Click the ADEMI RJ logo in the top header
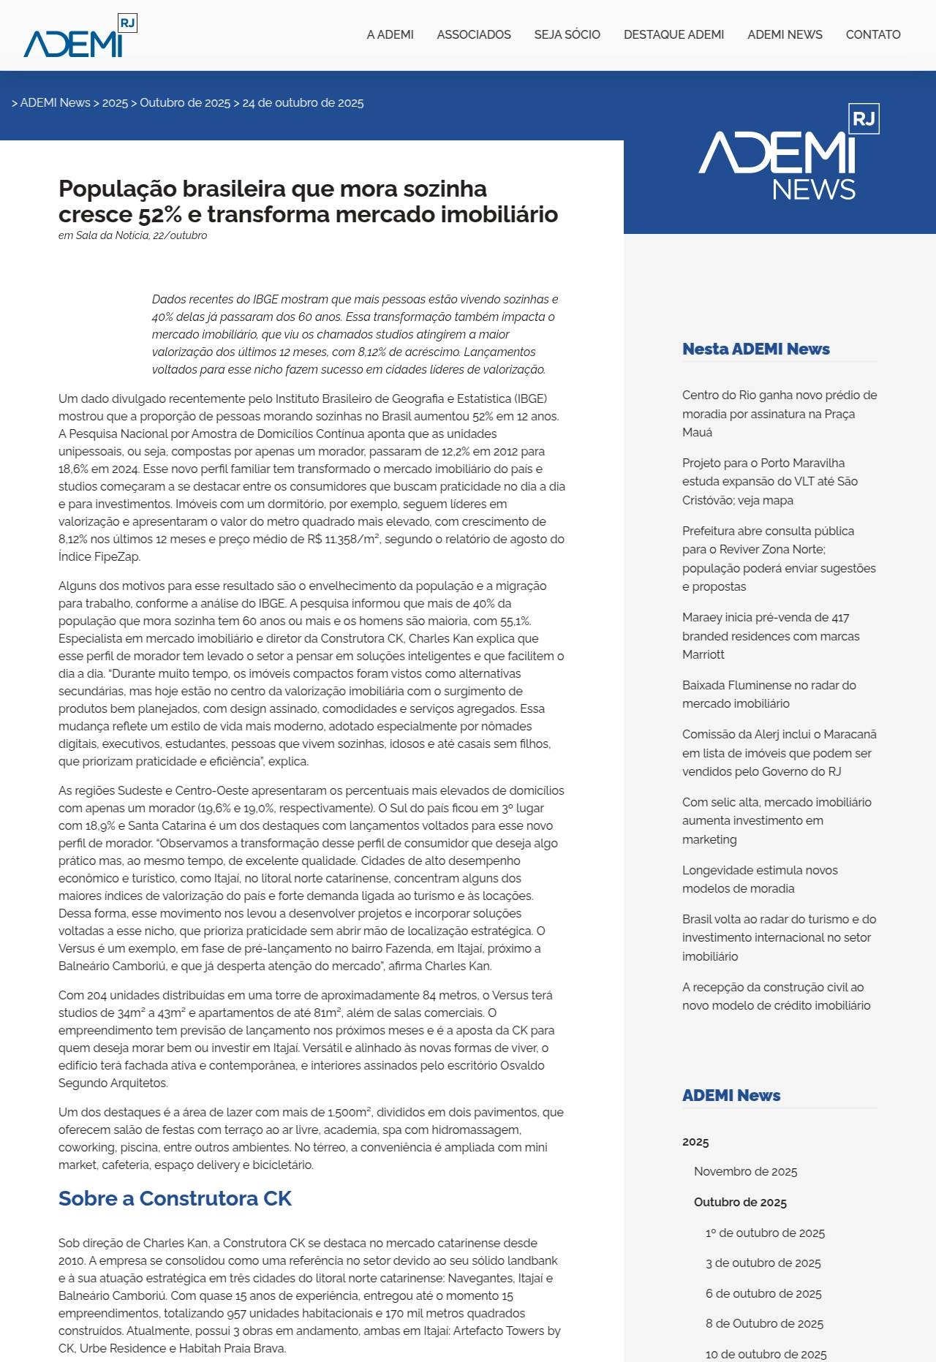point(80,36)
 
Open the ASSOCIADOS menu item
point(474,34)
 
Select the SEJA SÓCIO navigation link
point(567,34)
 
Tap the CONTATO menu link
point(872,34)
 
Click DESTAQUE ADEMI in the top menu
point(673,34)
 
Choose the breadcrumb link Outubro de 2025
point(185,103)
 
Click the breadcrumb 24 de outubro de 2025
point(303,103)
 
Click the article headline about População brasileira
point(308,201)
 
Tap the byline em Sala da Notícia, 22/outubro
point(132,235)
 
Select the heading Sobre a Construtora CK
point(175,1198)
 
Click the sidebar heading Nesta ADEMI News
point(755,349)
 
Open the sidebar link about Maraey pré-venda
point(771,636)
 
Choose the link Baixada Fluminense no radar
point(769,695)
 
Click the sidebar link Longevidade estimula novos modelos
point(760,879)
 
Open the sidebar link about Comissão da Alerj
point(779,753)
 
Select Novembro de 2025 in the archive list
point(745,1171)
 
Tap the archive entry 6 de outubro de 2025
point(763,1293)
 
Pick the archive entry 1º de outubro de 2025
point(765,1233)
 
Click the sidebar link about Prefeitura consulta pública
point(779,559)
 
